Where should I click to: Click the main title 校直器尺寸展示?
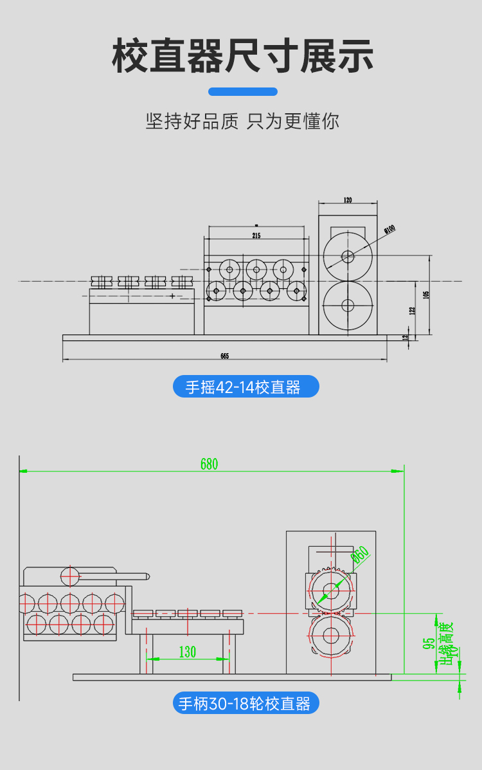[242, 56]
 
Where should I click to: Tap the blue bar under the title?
[243, 91]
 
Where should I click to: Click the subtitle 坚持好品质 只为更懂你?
[242, 121]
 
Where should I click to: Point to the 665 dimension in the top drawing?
[224, 356]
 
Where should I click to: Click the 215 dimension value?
[256, 236]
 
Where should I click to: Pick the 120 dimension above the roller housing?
[348, 200]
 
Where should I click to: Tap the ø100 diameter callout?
[389, 229]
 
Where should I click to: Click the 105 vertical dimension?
[426, 295]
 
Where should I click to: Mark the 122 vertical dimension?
[412, 310]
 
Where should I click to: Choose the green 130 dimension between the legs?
[187, 652]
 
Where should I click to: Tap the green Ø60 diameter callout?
[360, 555]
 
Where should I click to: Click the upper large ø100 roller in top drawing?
[348, 256]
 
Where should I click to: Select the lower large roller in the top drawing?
[348, 305]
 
